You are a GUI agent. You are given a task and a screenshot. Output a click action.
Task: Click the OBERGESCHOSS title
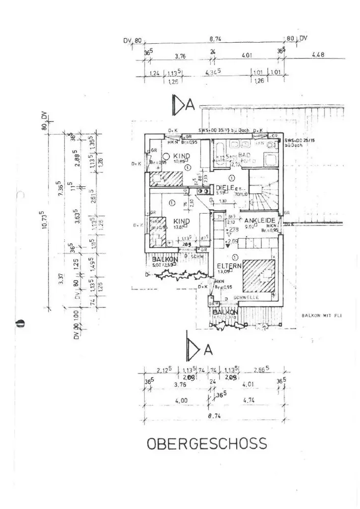[207, 443]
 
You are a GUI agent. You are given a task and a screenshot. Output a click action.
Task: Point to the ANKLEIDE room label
[260, 220]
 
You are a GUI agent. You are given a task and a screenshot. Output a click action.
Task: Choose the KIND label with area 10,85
[182, 156]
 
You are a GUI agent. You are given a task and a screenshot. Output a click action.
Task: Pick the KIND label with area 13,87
[182, 221]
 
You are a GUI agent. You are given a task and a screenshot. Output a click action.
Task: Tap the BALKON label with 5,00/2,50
[165, 260]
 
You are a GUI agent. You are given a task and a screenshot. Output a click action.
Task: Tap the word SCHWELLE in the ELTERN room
[245, 297]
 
